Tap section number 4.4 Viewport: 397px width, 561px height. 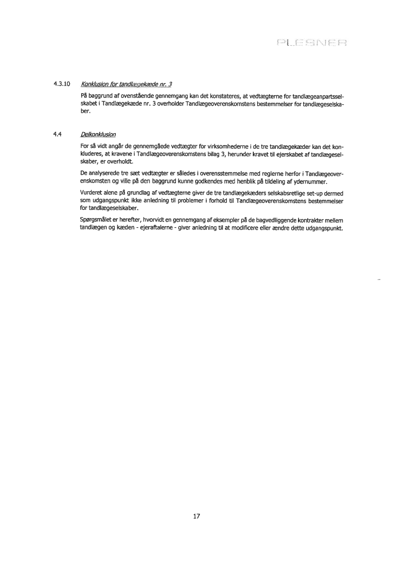[57, 134]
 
